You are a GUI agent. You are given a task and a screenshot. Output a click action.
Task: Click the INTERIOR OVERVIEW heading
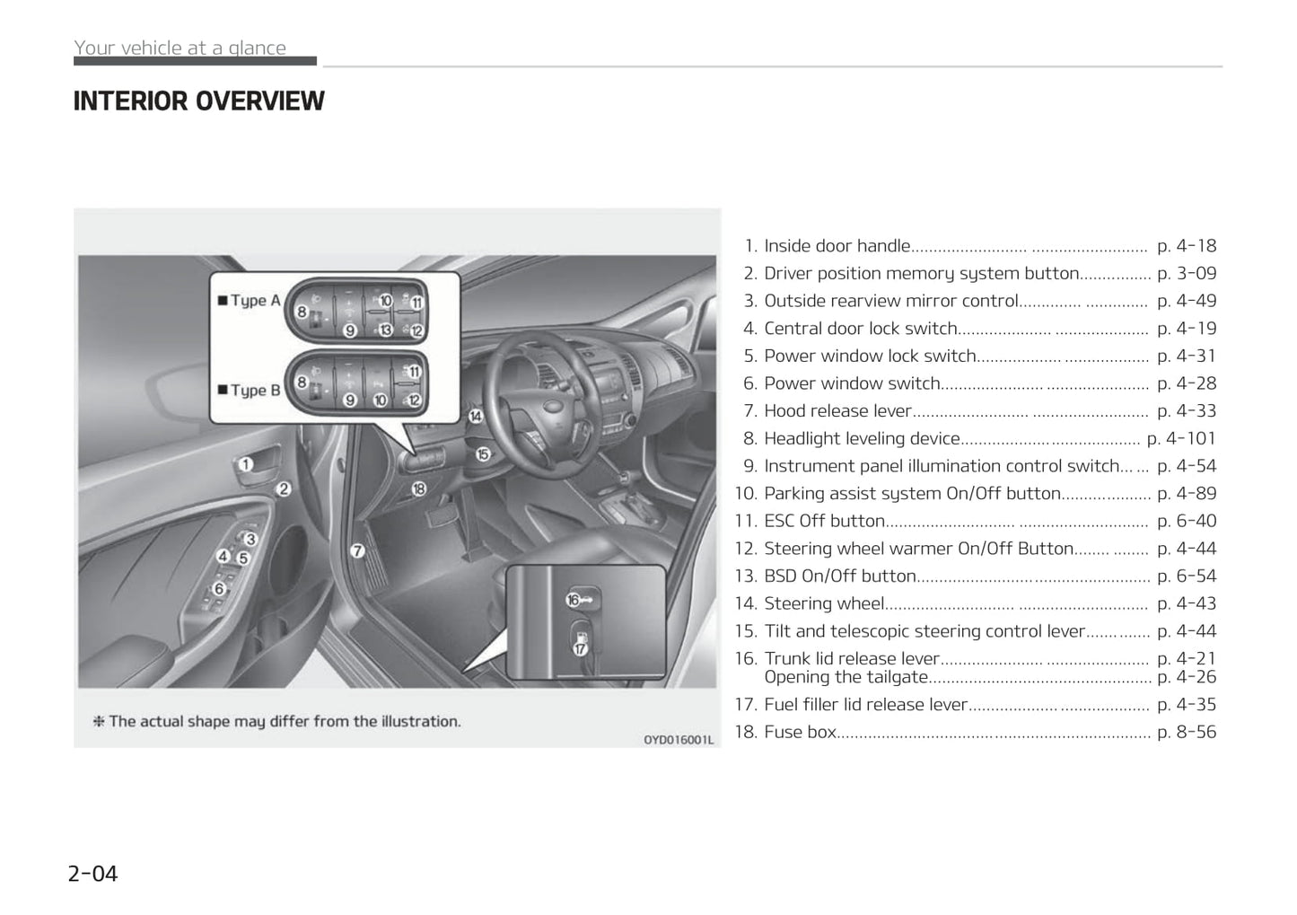pyautogui.click(x=198, y=101)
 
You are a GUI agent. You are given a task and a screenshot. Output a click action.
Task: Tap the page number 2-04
pyautogui.click(x=92, y=873)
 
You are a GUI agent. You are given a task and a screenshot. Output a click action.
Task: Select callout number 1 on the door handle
pyautogui.click(x=245, y=464)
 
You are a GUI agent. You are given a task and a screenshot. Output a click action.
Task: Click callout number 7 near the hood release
pyautogui.click(x=357, y=550)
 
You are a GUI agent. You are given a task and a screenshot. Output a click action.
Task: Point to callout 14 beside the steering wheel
pyautogui.click(x=476, y=416)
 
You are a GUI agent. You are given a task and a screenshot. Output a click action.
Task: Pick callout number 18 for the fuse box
pyautogui.click(x=418, y=489)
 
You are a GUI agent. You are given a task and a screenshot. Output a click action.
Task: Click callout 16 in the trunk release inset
pyautogui.click(x=574, y=600)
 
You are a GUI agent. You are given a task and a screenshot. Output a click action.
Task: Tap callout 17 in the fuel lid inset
pyautogui.click(x=580, y=647)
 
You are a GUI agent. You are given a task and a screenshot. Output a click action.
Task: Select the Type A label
pyautogui.click(x=250, y=301)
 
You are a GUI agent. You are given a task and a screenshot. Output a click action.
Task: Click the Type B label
pyautogui.click(x=250, y=391)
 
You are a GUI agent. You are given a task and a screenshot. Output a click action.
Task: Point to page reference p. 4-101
pyautogui.click(x=1181, y=438)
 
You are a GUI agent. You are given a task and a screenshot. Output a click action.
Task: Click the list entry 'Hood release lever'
pyautogui.click(x=837, y=411)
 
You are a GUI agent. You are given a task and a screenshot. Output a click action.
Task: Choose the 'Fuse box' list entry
pyautogui.click(x=800, y=732)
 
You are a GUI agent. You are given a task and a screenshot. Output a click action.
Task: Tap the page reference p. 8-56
pyautogui.click(x=1187, y=732)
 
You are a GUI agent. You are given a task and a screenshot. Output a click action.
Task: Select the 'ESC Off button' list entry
pyautogui.click(x=824, y=521)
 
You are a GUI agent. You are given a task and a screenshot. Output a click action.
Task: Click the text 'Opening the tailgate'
pyautogui.click(x=846, y=677)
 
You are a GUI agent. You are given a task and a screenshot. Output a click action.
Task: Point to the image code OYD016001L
pyautogui.click(x=678, y=739)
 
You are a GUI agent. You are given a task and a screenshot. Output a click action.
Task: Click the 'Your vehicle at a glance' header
pyautogui.click(x=180, y=48)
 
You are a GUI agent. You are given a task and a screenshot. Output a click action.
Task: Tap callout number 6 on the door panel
pyautogui.click(x=219, y=589)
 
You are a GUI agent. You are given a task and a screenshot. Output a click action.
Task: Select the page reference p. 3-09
pyautogui.click(x=1187, y=273)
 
